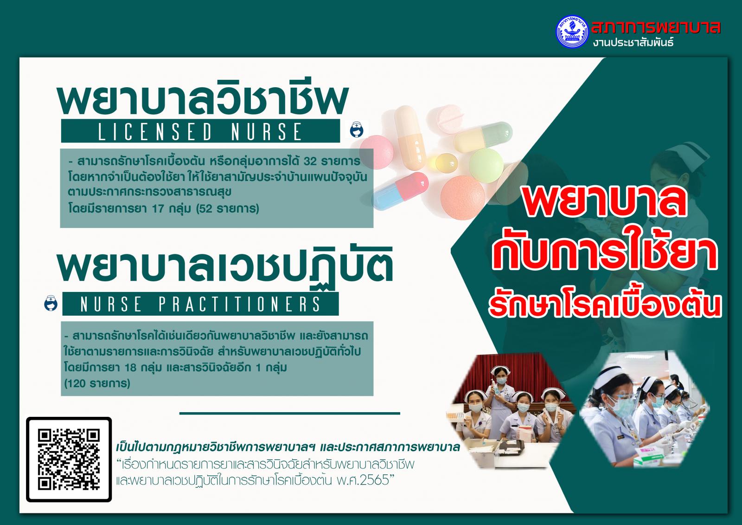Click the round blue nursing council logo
572,32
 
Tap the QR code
69,460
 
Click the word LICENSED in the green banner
155,131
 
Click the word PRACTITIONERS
239,304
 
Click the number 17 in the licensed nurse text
158,208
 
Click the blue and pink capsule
400,191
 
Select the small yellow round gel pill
447,163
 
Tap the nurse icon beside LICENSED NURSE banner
357,130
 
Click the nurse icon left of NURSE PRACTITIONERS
51,303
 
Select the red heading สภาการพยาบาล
656,27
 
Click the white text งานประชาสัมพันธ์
633,42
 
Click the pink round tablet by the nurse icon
377,152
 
